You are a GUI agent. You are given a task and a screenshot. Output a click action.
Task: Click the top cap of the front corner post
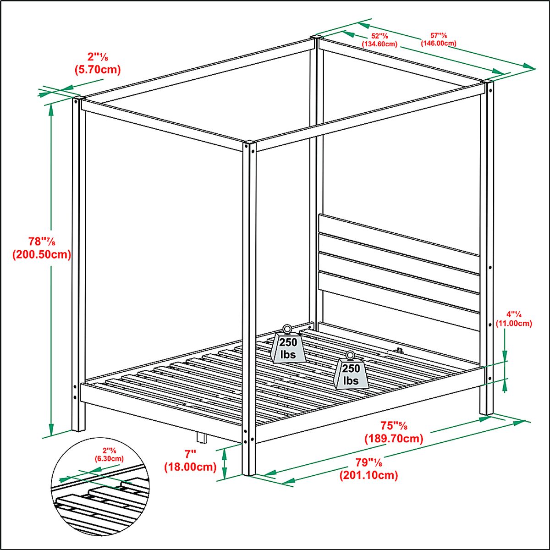249,143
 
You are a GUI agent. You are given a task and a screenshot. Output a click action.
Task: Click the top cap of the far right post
487,82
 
